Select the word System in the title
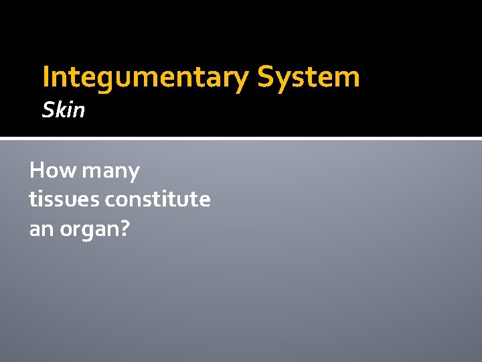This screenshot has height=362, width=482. pyautogui.click(x=309, y=77)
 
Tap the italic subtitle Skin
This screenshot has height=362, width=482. pyautogui.click(x=64, y=110)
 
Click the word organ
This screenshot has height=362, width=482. pyautogui.click(x=87, y=230)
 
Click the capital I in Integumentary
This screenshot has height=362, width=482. pyautogui.click(x=46, y=77)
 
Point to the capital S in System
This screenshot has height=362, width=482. pyautogui.click(x=266, y=77)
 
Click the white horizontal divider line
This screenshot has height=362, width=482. pyautogui.click(x=241, y=139)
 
